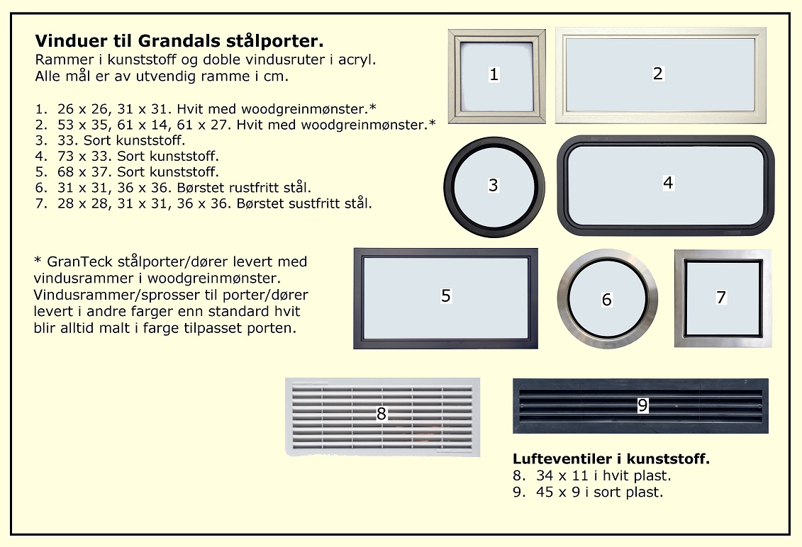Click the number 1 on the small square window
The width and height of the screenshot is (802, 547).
click(x=494, y=74)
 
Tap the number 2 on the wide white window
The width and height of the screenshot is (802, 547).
click(x=658, y=74)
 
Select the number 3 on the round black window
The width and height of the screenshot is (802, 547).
click(x=493, y=185)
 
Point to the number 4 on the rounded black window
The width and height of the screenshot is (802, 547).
click(x=668, y=183)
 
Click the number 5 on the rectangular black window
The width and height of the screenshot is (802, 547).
click(x=446, y=296)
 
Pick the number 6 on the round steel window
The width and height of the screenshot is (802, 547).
click(x=606, y=300)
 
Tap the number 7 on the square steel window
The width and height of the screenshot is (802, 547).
click(x=721, y=298)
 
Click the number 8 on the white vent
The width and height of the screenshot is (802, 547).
click(x=381, y=414)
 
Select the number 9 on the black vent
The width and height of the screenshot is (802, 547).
click(x=643, y=405)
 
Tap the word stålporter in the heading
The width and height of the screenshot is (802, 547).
click(x=280, y=41)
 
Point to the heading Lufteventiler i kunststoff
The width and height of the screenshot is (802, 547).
click(x=611, y=458)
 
